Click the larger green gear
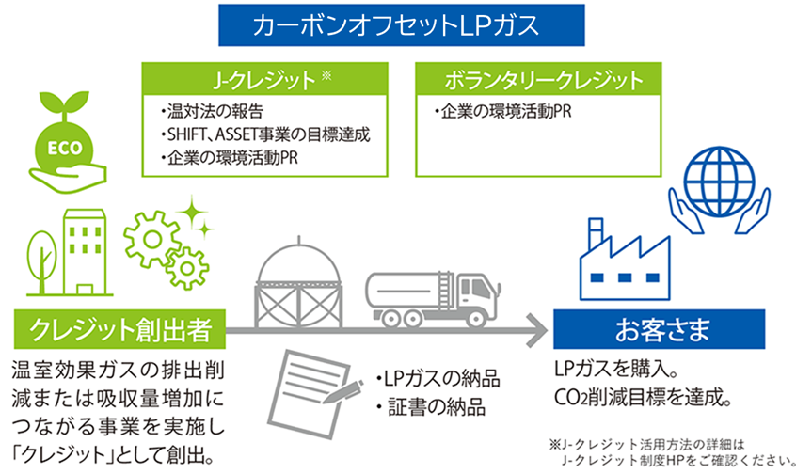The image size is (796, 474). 151,231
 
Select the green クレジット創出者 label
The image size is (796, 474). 117,331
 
